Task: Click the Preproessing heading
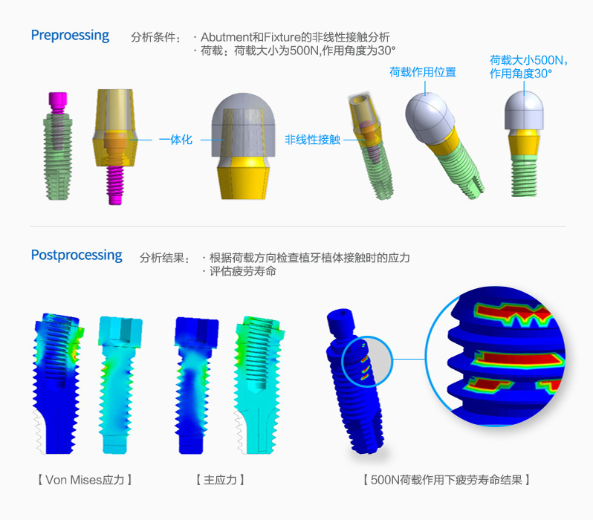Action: pos(70,36)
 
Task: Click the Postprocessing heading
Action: pos(77,256)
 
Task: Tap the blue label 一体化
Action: pos(175,140)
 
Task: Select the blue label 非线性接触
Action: pos(312,140)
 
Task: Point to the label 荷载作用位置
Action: pos(423,72)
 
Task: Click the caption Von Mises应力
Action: pos(85,480)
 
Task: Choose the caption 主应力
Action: pos(220,480)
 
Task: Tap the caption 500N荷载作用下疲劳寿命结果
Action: pos(447,480)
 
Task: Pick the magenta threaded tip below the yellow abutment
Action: pos(115,185)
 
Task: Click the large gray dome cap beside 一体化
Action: pos(243,125)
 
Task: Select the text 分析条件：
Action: pos(156,37)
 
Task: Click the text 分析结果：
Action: pos(165,258)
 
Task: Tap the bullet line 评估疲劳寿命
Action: pos(243,271)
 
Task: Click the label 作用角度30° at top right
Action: pos(521,74)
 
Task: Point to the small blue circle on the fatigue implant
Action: pos(367,362)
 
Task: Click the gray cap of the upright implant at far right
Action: pos(524,111)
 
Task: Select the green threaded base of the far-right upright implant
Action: pos(524,176)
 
